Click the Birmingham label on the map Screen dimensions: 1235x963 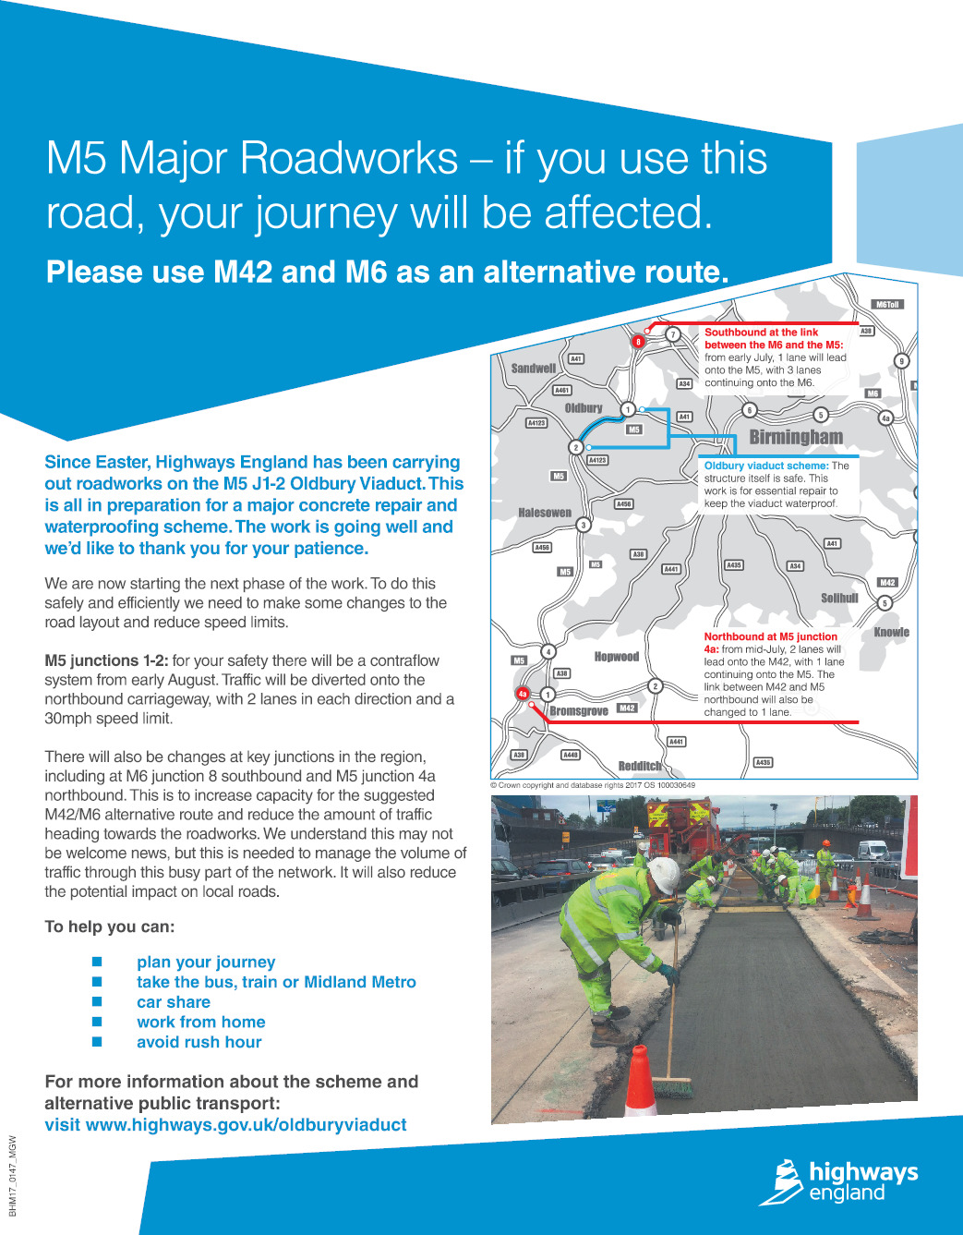(796, 437)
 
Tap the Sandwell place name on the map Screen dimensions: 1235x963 (534, 369)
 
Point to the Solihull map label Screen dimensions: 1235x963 (839, 599)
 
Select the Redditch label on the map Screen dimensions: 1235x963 (640, 766)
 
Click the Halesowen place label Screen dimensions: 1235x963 (545, 513)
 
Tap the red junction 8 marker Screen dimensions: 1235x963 (637, 342)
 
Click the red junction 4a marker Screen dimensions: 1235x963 (523, 693)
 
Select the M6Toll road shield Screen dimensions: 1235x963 (887, 304)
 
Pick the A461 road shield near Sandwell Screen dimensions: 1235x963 (561, 391)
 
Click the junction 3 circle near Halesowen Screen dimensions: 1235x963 (584, 525)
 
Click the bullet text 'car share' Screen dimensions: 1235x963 (174, 1002)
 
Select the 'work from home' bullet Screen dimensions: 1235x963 (201, 1022)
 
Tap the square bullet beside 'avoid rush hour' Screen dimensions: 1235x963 (97, 1042)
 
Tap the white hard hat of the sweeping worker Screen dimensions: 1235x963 (664, 873)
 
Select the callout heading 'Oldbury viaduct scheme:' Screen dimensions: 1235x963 (766, 466)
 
